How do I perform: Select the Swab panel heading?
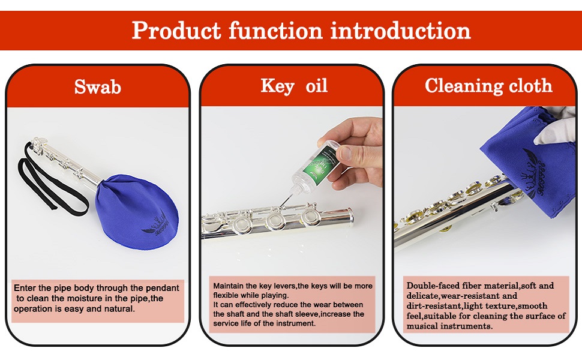click(x=98, y=87)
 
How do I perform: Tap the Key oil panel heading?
click(x=294, y=86)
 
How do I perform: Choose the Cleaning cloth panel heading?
click(x=488, y=86)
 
